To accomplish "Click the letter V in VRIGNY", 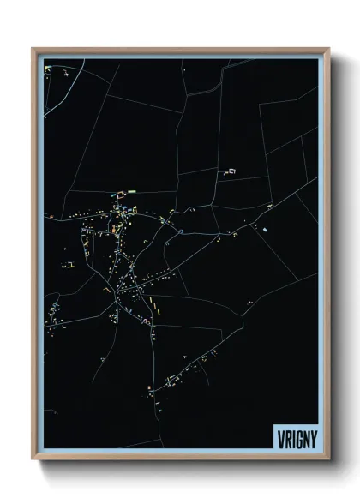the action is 279,435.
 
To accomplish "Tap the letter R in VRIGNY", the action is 286,435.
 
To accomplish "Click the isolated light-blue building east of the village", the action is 266,231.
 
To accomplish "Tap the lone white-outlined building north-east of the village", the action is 230,171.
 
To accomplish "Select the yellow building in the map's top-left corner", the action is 50,68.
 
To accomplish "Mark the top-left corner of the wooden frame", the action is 33,49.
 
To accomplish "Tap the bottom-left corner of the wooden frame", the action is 33,459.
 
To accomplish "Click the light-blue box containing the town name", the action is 296,435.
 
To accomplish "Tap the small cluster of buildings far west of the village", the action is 68,265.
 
